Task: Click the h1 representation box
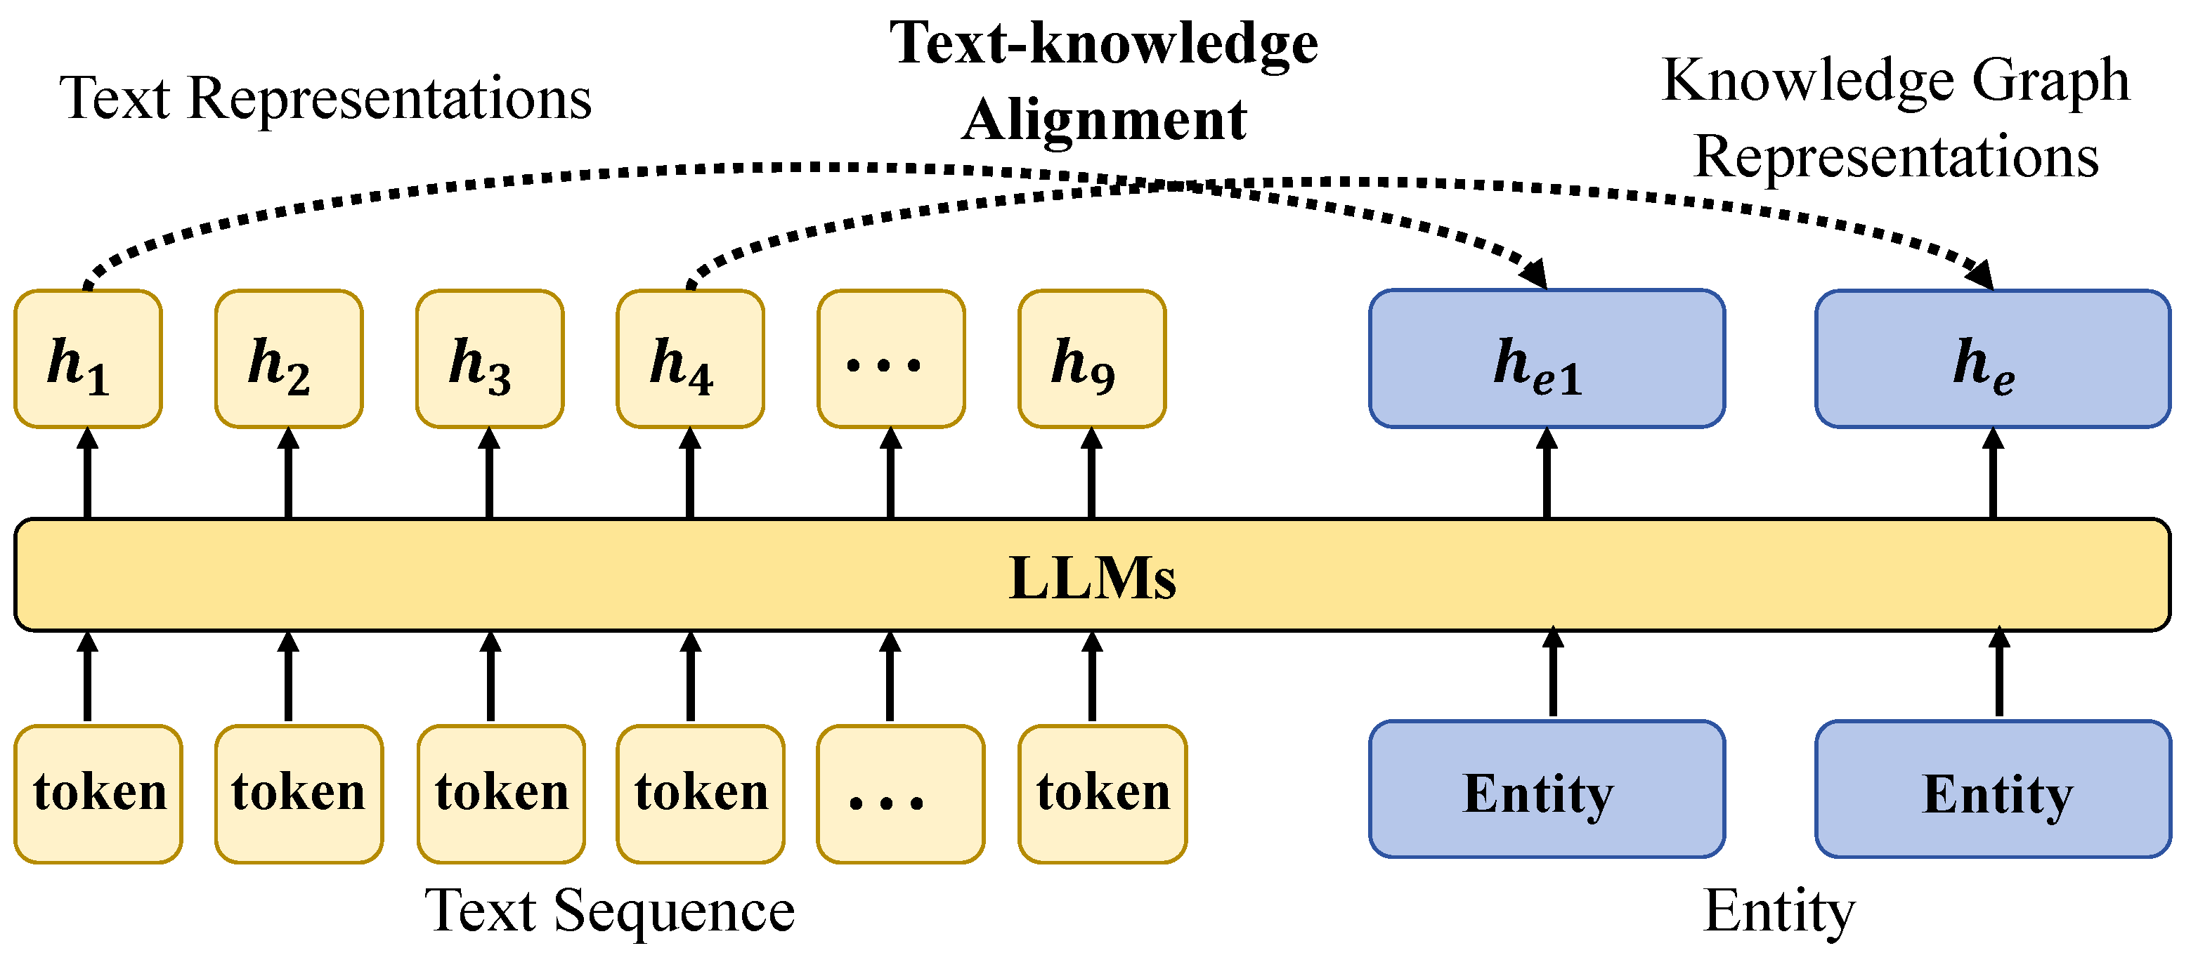(88, 359)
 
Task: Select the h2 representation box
(288, 359)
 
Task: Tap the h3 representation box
(490, 359)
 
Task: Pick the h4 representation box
(690, 359)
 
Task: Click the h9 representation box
(1092, 359)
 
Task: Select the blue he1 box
(1546, 359)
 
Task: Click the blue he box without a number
(1992, 359)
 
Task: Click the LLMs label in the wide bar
(1092, 578)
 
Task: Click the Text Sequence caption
(609, 912)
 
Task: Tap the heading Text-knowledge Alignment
(1104, 81)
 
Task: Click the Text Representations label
(325, 98)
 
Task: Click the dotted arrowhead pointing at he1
(1537, 275)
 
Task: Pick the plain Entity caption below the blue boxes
(1779, 912)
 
